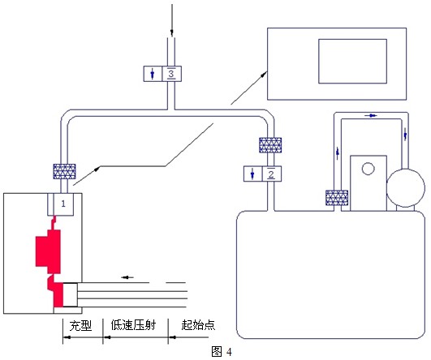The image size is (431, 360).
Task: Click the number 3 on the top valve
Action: point(171,74)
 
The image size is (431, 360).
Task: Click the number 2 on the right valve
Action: point(271,174)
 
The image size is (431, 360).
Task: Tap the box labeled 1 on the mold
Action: point(61,204)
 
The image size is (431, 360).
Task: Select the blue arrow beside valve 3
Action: point(153,74)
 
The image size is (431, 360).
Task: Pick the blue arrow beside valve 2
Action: point(252,174)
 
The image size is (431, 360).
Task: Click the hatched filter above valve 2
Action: point(270,145)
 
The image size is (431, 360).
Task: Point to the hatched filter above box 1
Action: point(64,171)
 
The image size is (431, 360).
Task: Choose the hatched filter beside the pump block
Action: point(337,198)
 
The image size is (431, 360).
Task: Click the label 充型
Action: point(80,326)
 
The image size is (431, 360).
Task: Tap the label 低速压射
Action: point(134,325)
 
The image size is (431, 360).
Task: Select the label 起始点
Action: point(198,325)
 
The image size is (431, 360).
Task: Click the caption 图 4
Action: point(222,351)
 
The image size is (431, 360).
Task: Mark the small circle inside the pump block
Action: point(368,169)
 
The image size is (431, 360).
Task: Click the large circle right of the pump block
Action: point(406,188)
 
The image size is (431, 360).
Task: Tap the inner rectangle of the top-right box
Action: point(352,62)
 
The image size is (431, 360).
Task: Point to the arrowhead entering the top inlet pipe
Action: point(172,33)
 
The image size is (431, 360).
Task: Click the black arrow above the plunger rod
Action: point(127,277)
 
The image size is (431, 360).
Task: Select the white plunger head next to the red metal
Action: point(71,295)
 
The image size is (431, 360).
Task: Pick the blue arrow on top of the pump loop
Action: point(371,116)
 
